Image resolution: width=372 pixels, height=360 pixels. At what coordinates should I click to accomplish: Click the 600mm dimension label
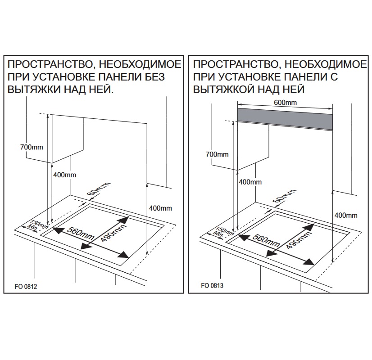(286, 103)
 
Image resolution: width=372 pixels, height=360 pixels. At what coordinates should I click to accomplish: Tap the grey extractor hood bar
(285, 118)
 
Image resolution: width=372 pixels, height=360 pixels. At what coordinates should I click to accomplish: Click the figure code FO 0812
(26, 286)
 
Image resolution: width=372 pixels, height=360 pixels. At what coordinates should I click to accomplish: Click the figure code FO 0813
(213, 286)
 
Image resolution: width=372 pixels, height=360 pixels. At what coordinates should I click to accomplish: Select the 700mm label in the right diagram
(217, 154)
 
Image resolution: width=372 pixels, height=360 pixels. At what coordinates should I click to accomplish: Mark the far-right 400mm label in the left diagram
(160, 208)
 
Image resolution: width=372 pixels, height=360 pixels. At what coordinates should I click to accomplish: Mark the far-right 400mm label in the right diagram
(346, 215)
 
